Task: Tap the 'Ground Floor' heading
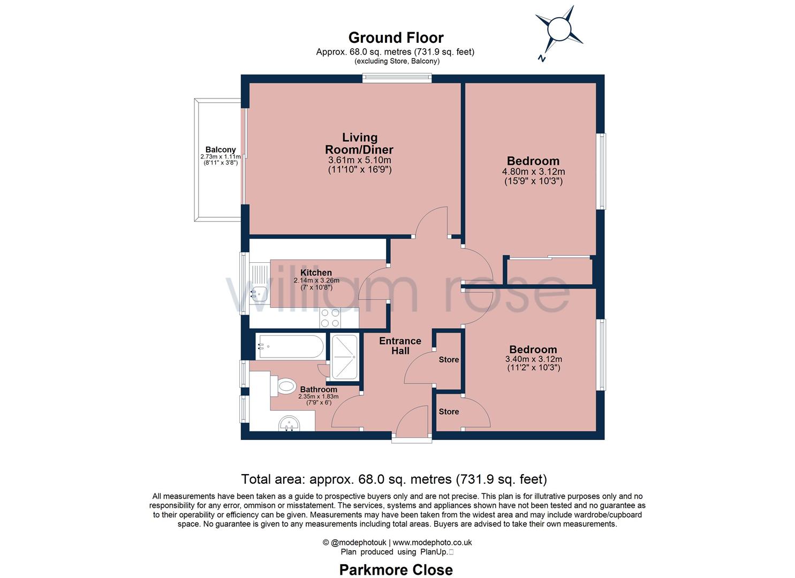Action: [396, 38]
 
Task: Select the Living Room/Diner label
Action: [359, 144]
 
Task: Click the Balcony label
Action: [221, 150]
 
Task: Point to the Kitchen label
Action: [316, 273]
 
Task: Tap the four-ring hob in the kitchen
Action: [330, 318]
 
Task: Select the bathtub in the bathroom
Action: [290, 347]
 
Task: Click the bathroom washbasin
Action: [290, 424]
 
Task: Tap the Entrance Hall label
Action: [400, 346]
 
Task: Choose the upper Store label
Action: [449, 360]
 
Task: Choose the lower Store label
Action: [449, 412]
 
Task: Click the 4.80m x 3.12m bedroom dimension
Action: [533, 172]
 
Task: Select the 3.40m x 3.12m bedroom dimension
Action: [533, 359]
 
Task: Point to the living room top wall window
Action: [397, 78]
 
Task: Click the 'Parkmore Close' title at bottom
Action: [396, 570]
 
